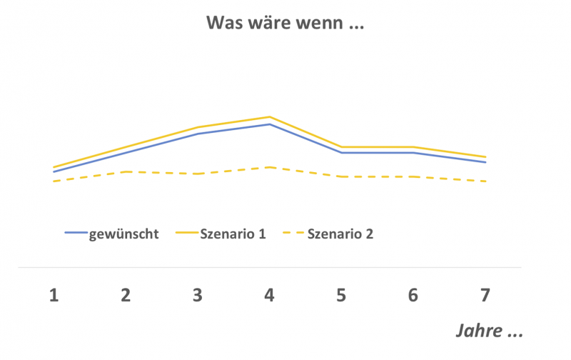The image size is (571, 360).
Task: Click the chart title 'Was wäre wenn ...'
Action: (x=285, y=23)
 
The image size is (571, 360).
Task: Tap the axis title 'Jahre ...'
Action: (x=490, y=332)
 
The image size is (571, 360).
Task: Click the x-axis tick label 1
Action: (x=54, y=294)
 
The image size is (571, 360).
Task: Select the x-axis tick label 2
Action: (x=126, y=294)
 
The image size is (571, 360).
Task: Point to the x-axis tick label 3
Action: (x=198, y=294)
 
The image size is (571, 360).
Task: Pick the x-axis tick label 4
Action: (x=270, y=294)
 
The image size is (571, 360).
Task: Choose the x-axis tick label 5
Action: (x=342, y=294)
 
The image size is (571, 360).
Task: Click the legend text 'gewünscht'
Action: (x=123, y=234)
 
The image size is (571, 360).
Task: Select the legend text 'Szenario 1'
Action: (x=233, y=234)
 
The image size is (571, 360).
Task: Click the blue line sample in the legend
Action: (x=75, y=234)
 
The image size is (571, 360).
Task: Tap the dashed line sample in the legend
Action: (x=292, y=234)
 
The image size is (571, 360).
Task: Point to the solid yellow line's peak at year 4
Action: (x=270, y=116)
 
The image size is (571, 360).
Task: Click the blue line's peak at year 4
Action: (x=270, y=124)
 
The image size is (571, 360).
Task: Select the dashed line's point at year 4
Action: (x=270, y=167)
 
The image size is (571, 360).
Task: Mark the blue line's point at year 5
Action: (x=342, y=153)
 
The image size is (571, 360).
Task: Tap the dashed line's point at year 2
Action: (x=126, y=171)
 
